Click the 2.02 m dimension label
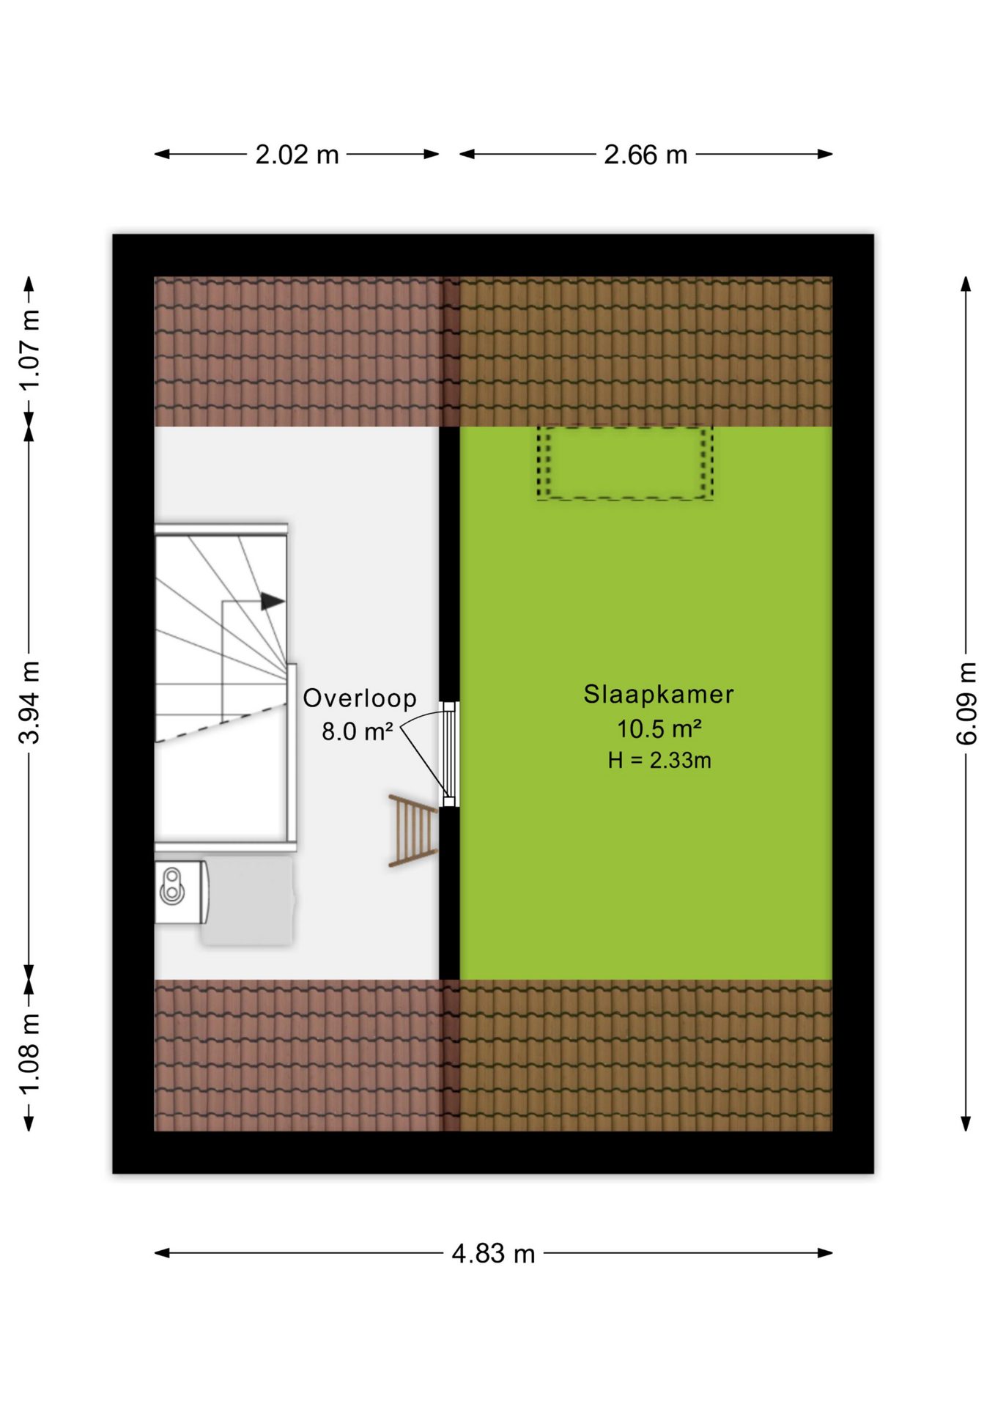pyautogui.click(x=297, y=155)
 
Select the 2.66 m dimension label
pyautogui.click(x=646, y=155)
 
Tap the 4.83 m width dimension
pyautogui.click(x=493, y=1254)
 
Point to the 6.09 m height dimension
pyautogui.click(x=966, y=703)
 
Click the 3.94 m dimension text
pyautogui.click(x=29, y=702)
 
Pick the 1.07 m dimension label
pyautogui.click(x=29, y=350)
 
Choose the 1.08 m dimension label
pyautogui.click(x=29, y=1055)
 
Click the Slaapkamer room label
pyautogui.click(x=659, y=694)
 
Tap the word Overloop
pyautogui.click(x=360, y=698)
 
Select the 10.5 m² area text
pyautogui.click(x=659, y=729)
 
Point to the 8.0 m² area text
pyautogui.click(x=358, y=731)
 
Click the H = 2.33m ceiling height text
pyautogui.click(x=659, y=761)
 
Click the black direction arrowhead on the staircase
pyautogui.click(x=273, y=602)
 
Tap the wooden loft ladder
pyautogui.click(x=413, y=830)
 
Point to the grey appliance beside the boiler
pyautogui.click(x=248, y=901)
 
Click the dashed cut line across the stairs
pyautogui.click(x=221, y=723)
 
